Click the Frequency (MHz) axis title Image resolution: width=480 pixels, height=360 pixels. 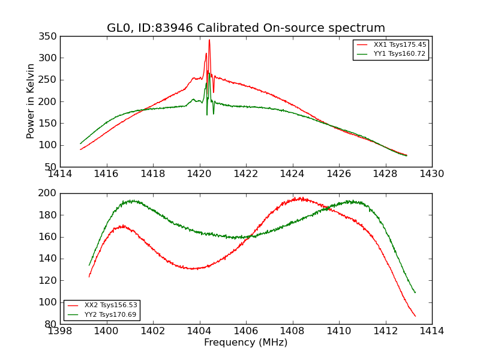245,343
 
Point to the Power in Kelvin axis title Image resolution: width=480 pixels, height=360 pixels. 31,101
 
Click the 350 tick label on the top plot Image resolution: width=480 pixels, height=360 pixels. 49,37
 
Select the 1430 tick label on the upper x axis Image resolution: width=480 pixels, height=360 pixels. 431,174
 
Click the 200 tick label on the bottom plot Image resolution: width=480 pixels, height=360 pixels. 49,193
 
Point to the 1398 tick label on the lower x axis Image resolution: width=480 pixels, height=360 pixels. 60,331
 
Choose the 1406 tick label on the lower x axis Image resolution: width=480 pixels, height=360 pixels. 245,331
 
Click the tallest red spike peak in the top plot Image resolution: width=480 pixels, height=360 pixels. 209,40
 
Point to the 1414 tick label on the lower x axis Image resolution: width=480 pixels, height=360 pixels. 431,331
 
